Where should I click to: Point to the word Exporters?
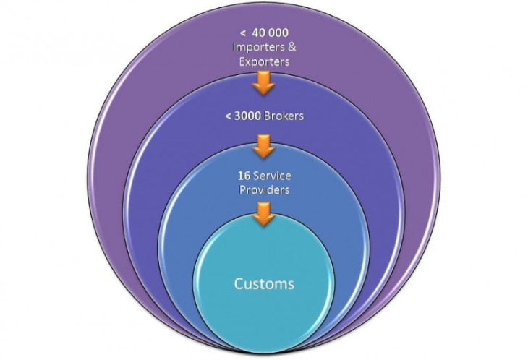click(265, 61)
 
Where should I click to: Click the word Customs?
click(264, 283)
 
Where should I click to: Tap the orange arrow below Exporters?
click(263, 85)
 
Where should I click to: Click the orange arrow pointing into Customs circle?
click(264, 214)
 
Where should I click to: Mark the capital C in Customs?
click(239, 283)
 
